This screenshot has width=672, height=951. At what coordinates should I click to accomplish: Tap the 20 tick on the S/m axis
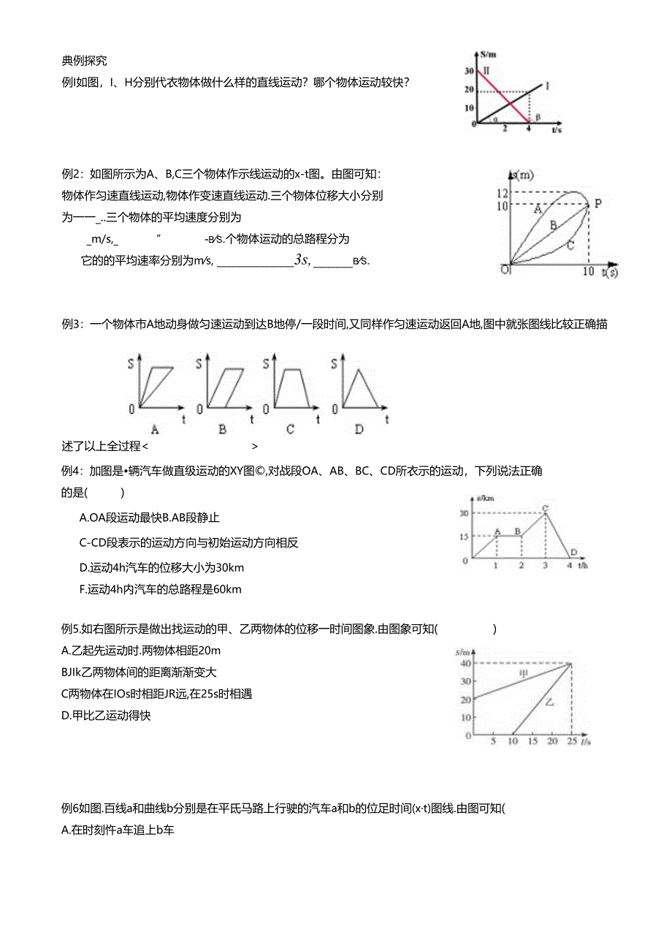click(x=470, y=90)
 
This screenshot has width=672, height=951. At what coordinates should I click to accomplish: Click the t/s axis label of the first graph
click(x=557, y=129)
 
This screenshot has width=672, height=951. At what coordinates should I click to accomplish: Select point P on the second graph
click(x=597, y=203)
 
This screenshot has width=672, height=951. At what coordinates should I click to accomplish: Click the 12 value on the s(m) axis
click(x=501, y=193)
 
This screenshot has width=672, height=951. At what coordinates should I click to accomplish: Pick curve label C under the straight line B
click(x=570, y=246)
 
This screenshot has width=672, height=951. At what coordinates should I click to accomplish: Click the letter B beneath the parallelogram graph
click(x=222, y=429)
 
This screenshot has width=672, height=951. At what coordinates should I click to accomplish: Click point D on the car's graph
click(x=574, y=552)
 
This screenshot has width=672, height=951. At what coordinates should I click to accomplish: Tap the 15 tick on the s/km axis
click(x=465, y=537)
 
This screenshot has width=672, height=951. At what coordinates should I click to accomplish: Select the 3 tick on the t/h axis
click(x=545, y=566)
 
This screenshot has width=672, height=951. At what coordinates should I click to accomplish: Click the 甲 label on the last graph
click(x=523, y=673)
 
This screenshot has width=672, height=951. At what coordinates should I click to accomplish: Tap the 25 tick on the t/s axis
click(x=570, y=742)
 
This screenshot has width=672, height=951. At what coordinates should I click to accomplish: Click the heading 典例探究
click(x=85, y=61)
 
